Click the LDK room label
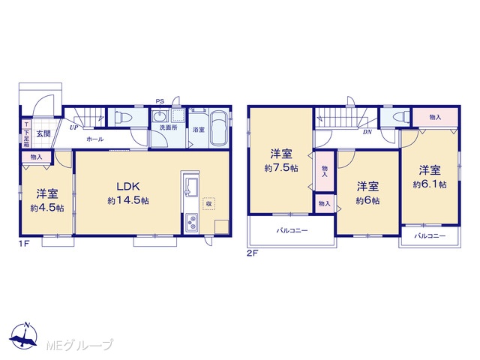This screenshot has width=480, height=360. (128, 186)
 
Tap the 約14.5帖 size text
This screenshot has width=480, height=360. (128, 200)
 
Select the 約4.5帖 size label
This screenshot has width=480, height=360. (47, 208)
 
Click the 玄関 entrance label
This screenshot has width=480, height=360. (43, 133)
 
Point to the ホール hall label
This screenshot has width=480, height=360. (95, 139)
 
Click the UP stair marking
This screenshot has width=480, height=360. (73, 128)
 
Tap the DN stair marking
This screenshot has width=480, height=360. (367, 132)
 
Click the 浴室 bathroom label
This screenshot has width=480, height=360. (198, 130)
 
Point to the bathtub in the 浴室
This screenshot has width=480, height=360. (218, 127)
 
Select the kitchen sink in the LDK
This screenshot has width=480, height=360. (190, 187)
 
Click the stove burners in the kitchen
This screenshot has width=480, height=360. (191, 223)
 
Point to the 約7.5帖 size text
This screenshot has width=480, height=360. (281, 168)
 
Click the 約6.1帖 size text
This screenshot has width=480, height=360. (430, 184)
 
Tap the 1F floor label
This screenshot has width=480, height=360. (24, 244)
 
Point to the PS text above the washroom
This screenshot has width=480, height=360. (160, 101)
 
